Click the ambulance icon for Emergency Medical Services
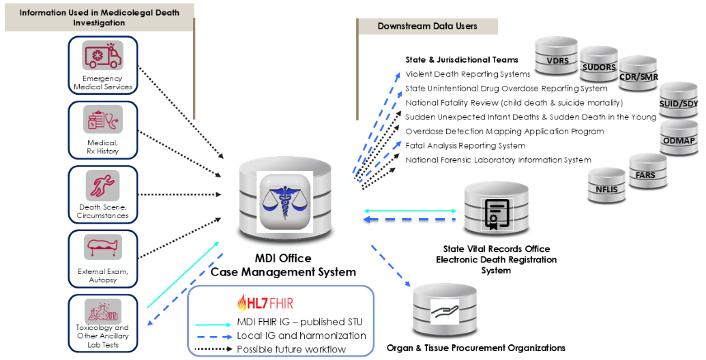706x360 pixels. point(102,55)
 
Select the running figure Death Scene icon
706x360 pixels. point(102,185)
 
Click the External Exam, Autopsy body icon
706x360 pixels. point(102,247)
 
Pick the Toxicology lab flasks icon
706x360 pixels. point(102,311)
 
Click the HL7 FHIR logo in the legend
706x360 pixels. point(266,303)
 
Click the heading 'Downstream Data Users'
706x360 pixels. point(427,27)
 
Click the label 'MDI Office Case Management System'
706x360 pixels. point(283,265)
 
